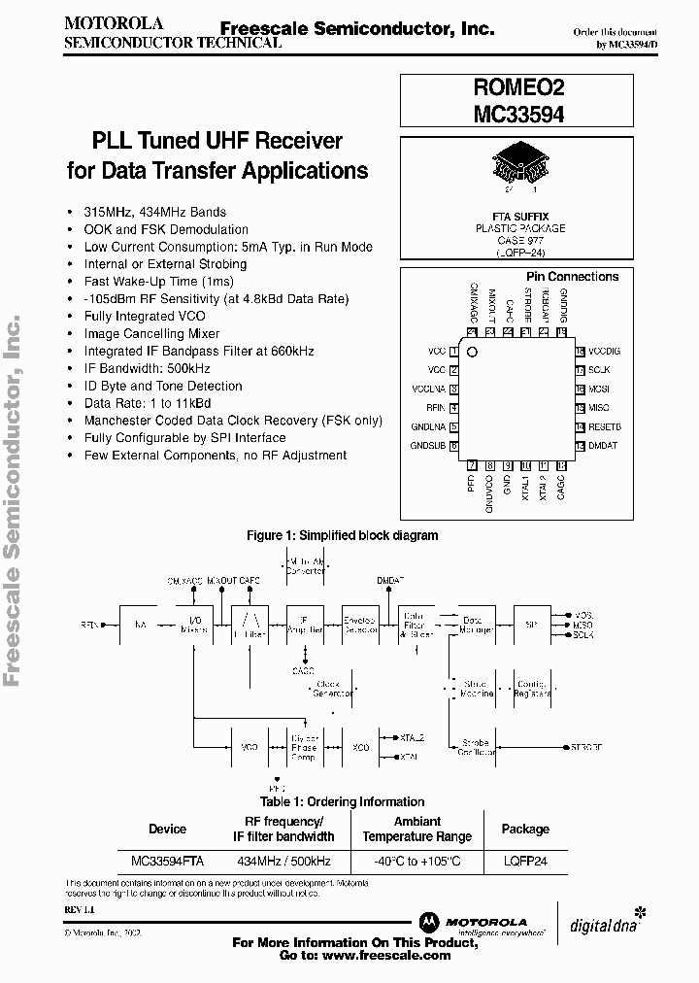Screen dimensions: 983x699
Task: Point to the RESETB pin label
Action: [x=604, y=426]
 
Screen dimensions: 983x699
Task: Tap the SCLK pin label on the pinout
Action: [x=598, y=370]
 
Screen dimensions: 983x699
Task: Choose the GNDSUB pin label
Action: [x=428, y=445]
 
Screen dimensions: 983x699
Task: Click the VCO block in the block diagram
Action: [x=250, y=747]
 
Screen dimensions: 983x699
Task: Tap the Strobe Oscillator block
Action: [x=475, y=747]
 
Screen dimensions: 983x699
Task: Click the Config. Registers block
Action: [x=531, y=689]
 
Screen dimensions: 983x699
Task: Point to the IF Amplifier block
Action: [x=306, y=625]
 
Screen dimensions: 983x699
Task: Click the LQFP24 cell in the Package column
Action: [x=524, y=861]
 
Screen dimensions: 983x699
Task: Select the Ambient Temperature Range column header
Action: [x=417, y=829]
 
